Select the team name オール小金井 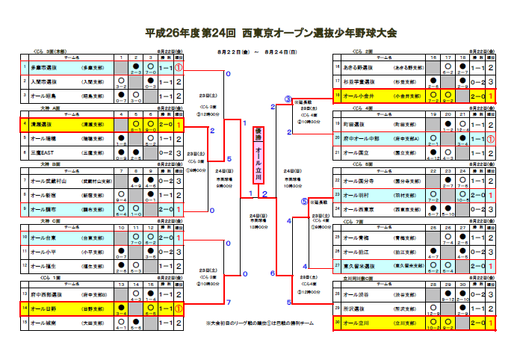361,96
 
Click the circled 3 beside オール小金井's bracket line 288,99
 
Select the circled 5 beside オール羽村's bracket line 304,201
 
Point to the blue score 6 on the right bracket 273,273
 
